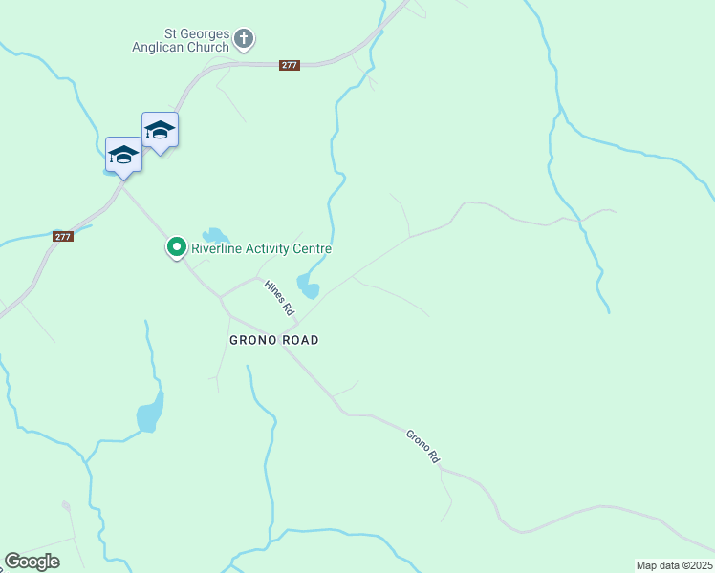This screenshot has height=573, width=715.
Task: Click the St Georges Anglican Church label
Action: (183, 39)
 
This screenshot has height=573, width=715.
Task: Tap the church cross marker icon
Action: (245, 39)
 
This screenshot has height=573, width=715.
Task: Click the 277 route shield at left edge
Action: (63, 236)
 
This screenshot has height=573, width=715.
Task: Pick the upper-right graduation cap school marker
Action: (160, 130)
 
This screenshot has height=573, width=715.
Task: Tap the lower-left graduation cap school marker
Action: (123, 154)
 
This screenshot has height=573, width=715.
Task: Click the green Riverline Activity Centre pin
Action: (177, 247)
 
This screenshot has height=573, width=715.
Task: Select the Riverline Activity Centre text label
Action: (261, 249)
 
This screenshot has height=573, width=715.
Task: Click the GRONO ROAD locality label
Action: (273, 340)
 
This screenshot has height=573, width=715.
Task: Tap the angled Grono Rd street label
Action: (422, 446)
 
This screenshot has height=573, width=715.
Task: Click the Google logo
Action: (32, 562)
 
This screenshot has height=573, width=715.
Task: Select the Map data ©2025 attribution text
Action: (674, 565)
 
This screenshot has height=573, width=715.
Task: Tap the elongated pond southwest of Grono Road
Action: (149, 413)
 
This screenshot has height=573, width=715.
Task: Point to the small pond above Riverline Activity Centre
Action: (214, 235)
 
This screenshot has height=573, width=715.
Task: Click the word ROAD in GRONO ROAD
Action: (300, 340)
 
